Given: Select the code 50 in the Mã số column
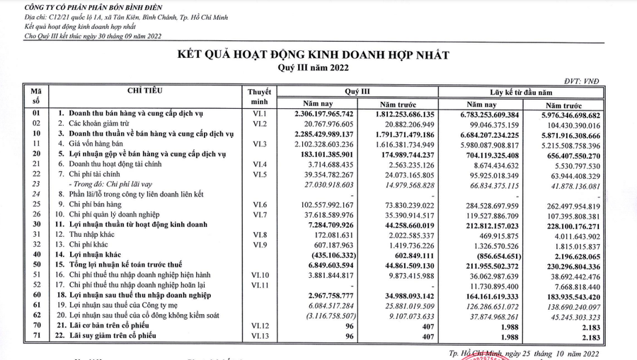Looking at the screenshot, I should click(38, 265).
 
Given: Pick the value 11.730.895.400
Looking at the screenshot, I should click(488, 285).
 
